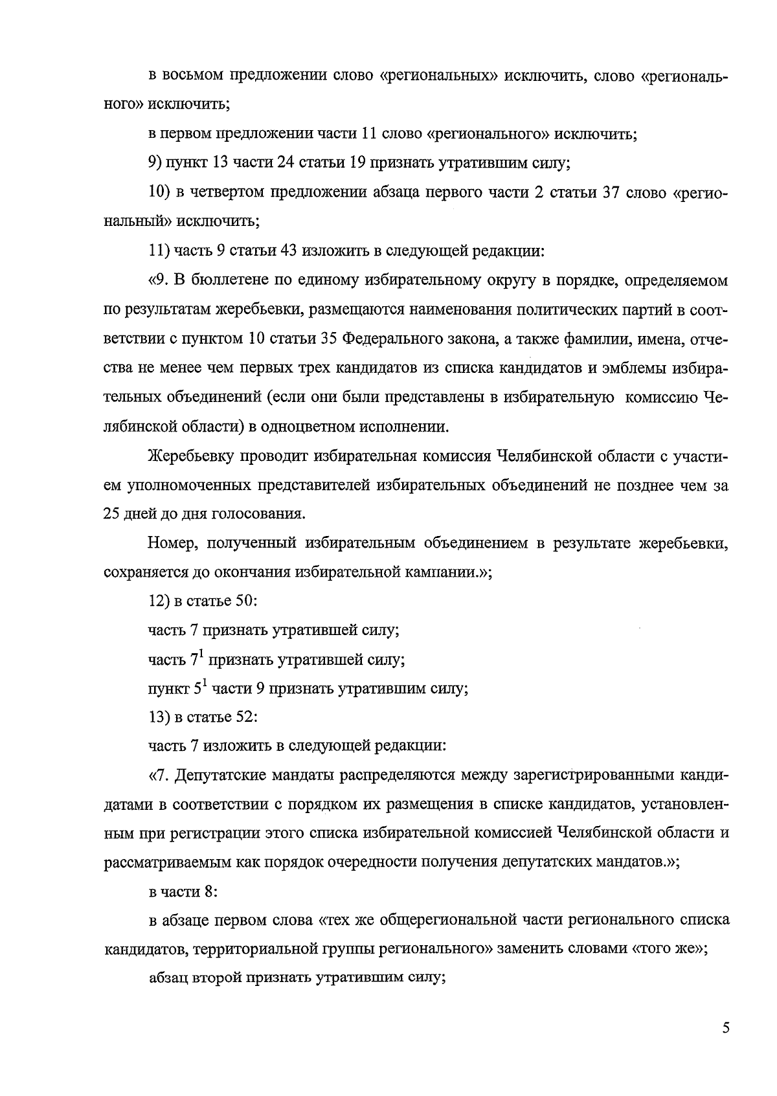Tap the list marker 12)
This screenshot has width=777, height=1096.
(x=159, y=601)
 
